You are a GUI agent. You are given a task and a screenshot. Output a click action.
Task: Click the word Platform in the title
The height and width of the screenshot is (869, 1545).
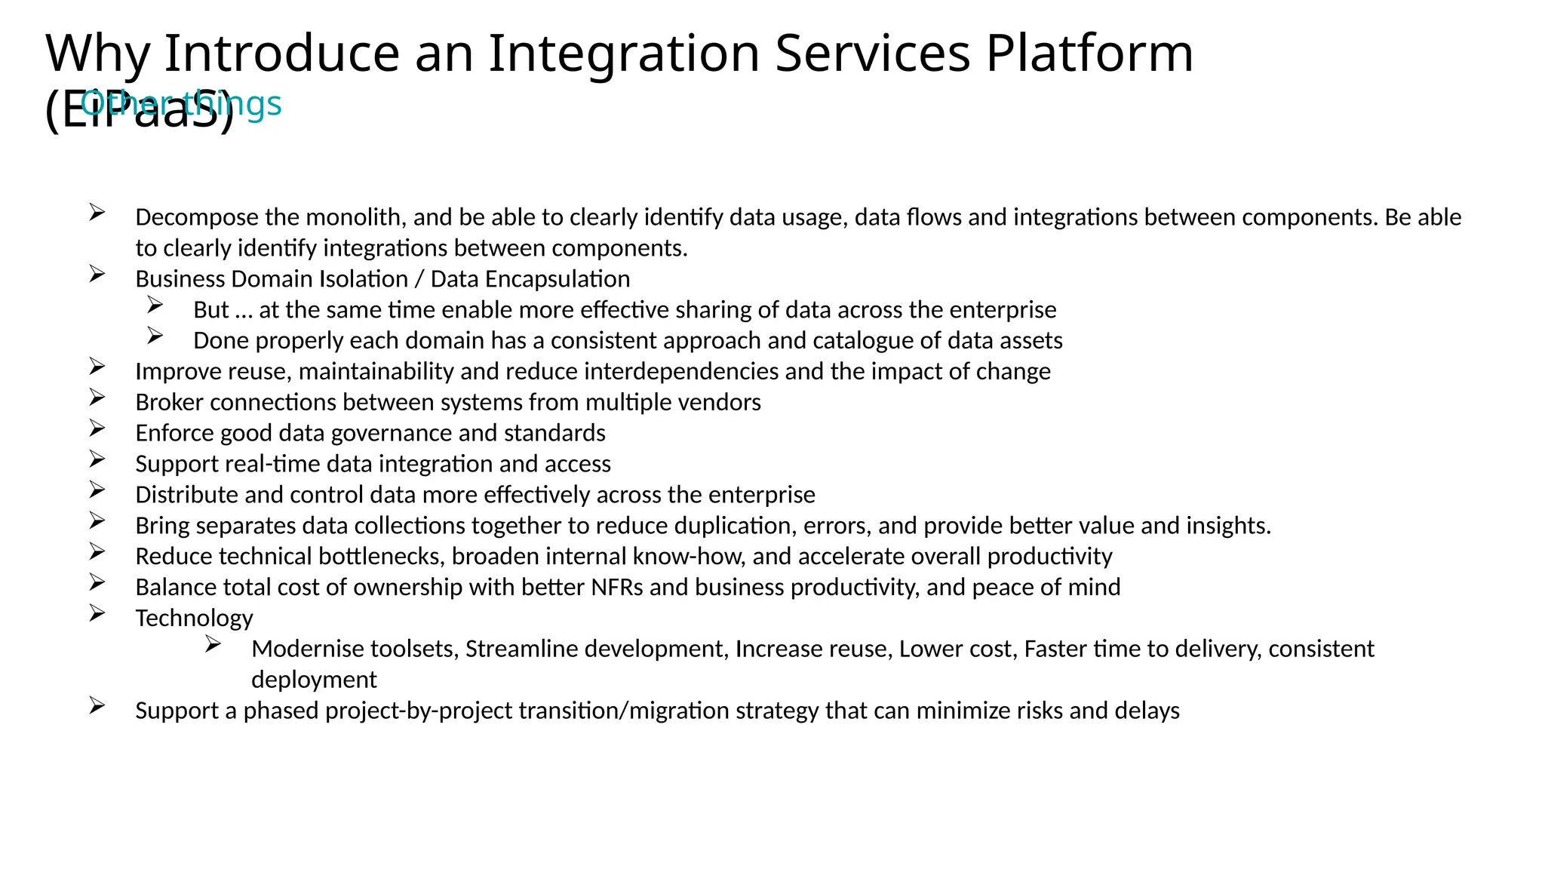point(1089,54)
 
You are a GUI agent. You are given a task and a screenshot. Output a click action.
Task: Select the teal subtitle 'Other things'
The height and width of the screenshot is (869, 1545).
point(181,103)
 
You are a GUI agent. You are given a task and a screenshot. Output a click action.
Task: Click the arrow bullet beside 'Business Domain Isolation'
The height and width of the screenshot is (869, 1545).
point(97,274)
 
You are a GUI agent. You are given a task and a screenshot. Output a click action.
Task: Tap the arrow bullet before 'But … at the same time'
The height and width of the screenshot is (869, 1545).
point(155,305)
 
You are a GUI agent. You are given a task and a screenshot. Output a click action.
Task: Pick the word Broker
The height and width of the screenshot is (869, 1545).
point(169,403)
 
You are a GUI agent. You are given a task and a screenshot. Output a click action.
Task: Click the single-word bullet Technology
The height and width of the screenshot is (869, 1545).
point(194,619)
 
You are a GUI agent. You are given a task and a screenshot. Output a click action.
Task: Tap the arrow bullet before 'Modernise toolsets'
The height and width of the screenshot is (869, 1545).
point(213,644)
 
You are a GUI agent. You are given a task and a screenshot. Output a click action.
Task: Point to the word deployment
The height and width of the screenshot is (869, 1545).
point(314,680)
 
